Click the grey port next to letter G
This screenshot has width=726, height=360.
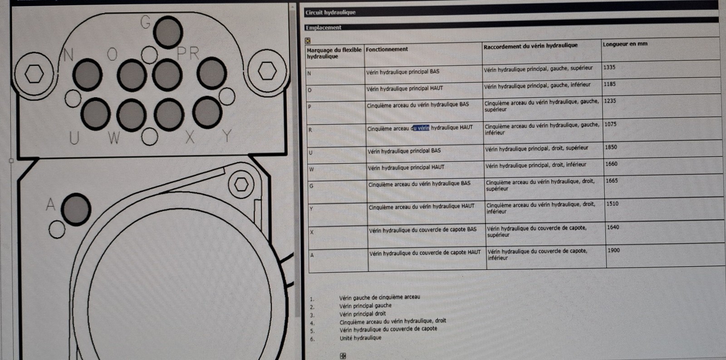click(x=167, y=32)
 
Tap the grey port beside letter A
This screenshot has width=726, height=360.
click(x=76, y=209)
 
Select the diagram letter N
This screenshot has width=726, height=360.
click(x=69, y=54)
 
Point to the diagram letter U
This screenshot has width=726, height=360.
click(x=74, y=138)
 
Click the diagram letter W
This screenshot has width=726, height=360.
click(x=114, y=138)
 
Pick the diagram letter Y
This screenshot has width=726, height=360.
click(x=227, y=136)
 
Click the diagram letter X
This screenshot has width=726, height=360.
click(x=190, y=137)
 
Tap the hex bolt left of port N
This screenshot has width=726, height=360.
click(x=34, y=74)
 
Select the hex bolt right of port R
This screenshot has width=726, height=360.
click(x=267, y=71)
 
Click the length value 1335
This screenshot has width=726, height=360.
click(x=609, y=68)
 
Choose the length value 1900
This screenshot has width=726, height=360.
click(x=613, y=251)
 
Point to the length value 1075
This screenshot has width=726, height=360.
click(x=610, y=124)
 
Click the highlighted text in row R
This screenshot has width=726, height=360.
click(x=421, y=128)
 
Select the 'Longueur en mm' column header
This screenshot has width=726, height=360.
click(x=625, y=44)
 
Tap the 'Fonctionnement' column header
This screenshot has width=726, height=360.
click(x=387, y=49)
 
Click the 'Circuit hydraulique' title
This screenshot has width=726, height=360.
click(x=331, y=12)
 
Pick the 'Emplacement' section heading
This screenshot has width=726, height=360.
click(x=324, y=28)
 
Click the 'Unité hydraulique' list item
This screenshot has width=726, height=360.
click(x=360, y=338)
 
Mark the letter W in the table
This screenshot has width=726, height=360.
click(x=311, y=169)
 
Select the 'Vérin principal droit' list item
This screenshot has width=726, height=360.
click(x=363, y=314)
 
